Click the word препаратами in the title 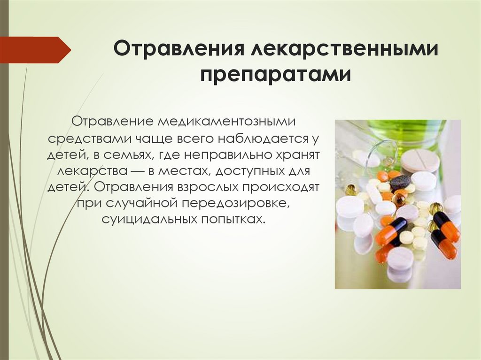click(276, 75)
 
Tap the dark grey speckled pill click(400, 182)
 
